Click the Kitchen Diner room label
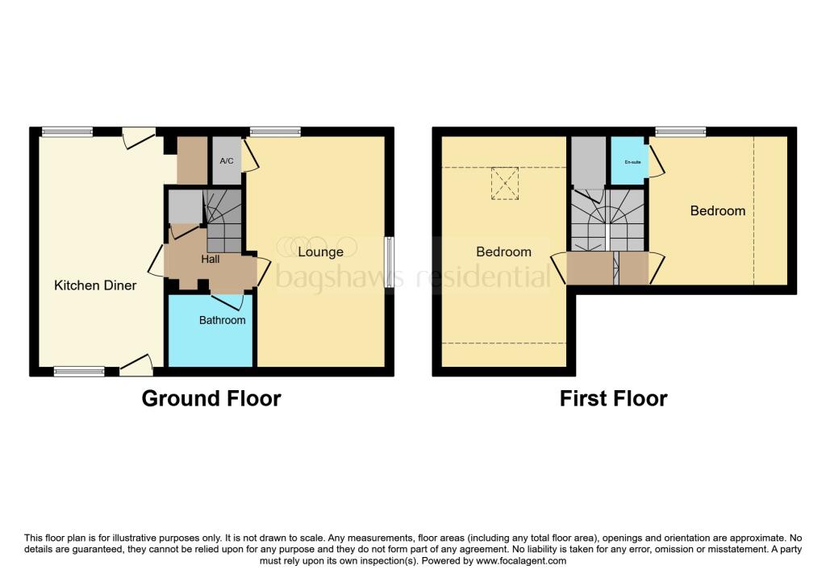point(95,285)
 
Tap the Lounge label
point(320,252)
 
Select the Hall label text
point(211,259)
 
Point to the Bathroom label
point(222,320)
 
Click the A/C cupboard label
point(227,161)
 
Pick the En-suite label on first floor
point(632,162)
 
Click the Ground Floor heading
point(211,398)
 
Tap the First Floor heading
point(613,398)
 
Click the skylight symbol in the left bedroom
point(505,183)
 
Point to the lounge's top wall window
point(275,131)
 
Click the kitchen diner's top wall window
point(67,131)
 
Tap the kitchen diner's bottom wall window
point(79,372)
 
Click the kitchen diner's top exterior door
point(139,137)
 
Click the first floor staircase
point(609,222)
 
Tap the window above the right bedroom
point(681,131)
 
